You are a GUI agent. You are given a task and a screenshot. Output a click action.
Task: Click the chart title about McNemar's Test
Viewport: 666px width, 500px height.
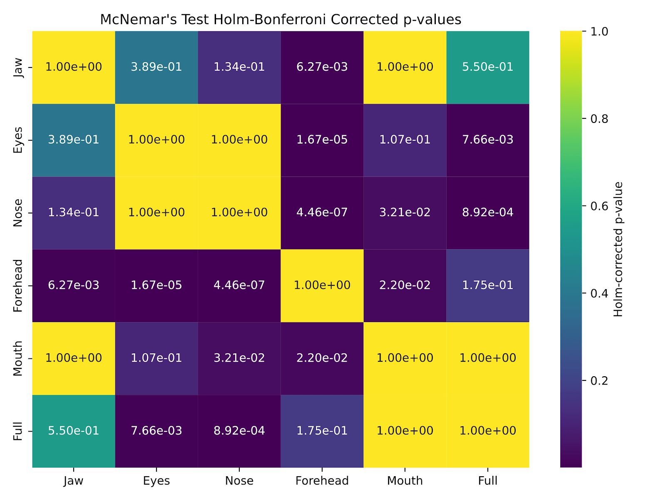(x=281, y=20)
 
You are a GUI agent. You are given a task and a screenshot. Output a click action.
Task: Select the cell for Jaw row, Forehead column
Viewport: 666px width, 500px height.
(x=322, y=67)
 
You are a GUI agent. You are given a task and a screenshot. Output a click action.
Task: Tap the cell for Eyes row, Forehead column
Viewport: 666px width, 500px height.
(x=322, y=140)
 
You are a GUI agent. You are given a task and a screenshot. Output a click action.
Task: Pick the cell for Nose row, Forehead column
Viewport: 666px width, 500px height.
(x=322, y=212)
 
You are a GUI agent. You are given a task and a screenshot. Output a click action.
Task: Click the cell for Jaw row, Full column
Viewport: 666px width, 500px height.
(x=488, y=67)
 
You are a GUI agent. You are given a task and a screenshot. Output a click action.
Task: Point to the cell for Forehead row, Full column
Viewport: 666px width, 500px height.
(x=488, y=285)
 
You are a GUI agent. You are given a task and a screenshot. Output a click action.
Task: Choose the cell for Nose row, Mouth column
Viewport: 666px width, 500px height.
(x=405, y=212)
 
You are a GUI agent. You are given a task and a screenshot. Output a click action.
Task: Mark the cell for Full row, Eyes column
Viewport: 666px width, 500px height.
(x=157, y=431)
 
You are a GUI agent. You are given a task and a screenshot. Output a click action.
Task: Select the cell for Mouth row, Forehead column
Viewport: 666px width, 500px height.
(x=322, y=358)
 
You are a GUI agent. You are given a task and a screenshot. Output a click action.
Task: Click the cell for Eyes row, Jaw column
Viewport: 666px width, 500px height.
(x=74, y=140)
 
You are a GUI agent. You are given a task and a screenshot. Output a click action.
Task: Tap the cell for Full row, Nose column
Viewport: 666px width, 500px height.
(x=239, y=431)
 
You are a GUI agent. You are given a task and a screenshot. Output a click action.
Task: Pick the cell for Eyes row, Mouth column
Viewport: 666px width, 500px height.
(x=405, y=140)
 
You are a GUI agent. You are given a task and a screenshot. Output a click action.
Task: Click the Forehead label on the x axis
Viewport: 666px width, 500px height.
(x=322, y=481)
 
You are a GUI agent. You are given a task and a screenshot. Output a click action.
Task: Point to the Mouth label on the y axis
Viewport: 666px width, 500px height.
(x=17, y=358)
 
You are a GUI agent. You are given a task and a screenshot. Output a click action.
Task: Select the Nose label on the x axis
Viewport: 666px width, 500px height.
(x=239, y=481)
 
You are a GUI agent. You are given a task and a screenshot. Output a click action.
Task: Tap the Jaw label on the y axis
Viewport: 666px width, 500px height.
(x=17, y=67)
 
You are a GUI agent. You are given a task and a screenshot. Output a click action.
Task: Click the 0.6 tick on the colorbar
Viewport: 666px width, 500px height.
(x=599, y=206)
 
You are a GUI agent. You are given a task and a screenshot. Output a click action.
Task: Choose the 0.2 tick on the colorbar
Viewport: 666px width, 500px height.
(x=599, y=381)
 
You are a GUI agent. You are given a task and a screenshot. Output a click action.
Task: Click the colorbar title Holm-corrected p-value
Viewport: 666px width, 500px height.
(x=619, y=249)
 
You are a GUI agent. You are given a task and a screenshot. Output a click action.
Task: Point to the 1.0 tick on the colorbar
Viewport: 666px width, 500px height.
(x=599, y=32)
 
